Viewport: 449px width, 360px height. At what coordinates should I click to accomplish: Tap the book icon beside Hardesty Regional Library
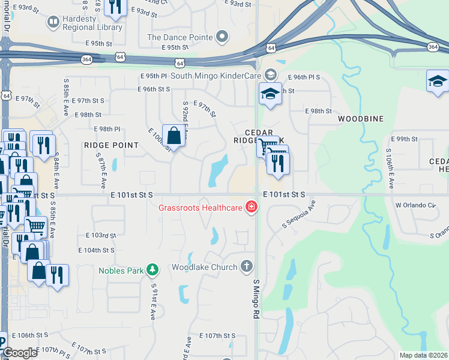[x=53, y=23]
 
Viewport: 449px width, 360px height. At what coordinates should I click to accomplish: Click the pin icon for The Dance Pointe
[x=222, y=37]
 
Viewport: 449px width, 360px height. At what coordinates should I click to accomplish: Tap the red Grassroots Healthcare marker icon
[x=251, y=208]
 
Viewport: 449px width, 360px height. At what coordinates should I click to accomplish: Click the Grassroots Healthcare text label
[x=200, y=208]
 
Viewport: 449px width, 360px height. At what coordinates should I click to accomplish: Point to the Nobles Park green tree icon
[x=153, y=270]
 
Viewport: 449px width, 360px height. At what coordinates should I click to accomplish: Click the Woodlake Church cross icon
[x=246, y=266]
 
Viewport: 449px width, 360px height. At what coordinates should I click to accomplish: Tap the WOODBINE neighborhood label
[x=360, y=119]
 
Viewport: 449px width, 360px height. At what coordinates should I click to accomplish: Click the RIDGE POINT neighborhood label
[x=111, y=145]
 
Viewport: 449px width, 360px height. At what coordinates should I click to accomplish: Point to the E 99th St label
[x=406, y=139]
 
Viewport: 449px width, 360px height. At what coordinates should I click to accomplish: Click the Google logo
[x=19, y=353]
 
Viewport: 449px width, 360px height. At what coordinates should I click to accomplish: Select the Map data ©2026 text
[x=423, y=355]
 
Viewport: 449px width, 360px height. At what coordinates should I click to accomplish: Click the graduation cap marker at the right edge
[x=438, y=81]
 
